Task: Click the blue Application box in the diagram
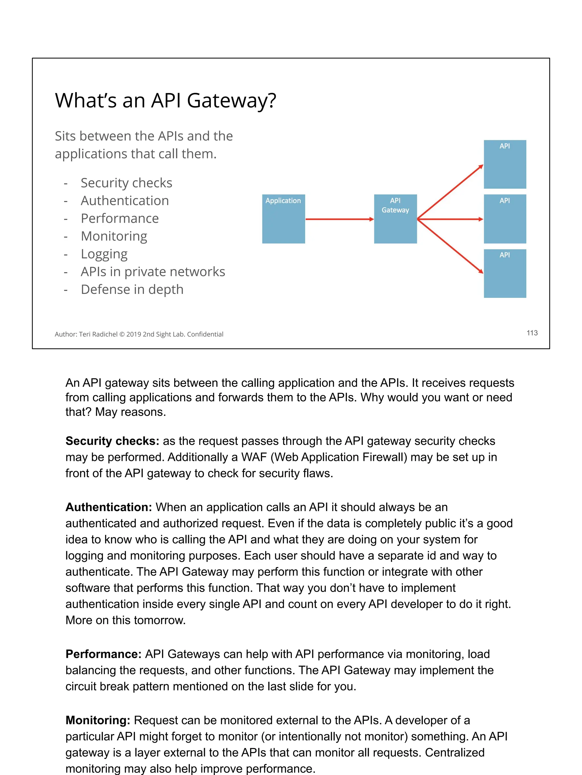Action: [x=283, y=219]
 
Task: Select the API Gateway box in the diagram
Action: [x=395, y=219]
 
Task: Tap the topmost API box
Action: [x=505, y=164]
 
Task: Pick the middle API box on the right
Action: [x=505, y=219]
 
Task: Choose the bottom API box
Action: [x=505, y=273]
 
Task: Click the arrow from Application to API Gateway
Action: [x=339, y=219]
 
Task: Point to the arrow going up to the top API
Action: [x=450, y=192]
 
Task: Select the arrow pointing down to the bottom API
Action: [x=450, y=246]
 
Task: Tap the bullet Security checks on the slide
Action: [x=126, y=183]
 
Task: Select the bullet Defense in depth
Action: [x=132, y=289]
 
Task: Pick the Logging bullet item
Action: [x=104, y=254]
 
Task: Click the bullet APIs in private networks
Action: [x=153, y=272]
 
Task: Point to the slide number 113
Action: [x=532, y=333]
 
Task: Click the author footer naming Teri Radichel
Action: [x=139, y=334]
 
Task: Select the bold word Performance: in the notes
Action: [x=103, y=654]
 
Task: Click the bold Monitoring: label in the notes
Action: [x=98, y=720]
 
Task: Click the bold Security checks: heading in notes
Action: [x=112, y=441]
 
